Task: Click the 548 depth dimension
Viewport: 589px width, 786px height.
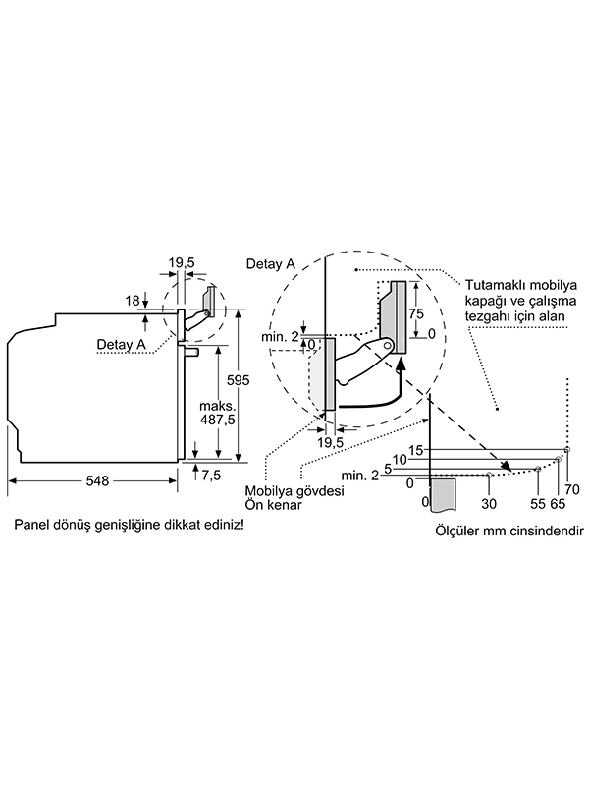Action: (95, 480)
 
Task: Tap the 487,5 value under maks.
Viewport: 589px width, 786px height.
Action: (219, 419)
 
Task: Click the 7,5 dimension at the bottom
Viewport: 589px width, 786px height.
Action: (211, 476)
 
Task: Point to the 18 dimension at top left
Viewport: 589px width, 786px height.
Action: (133, 300)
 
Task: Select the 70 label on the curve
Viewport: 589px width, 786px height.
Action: (573, 488)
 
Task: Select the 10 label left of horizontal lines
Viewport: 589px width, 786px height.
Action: (400, 459)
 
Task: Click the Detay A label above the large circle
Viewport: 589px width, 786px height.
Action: (270, 264)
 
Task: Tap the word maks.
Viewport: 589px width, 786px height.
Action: (217, 405)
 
